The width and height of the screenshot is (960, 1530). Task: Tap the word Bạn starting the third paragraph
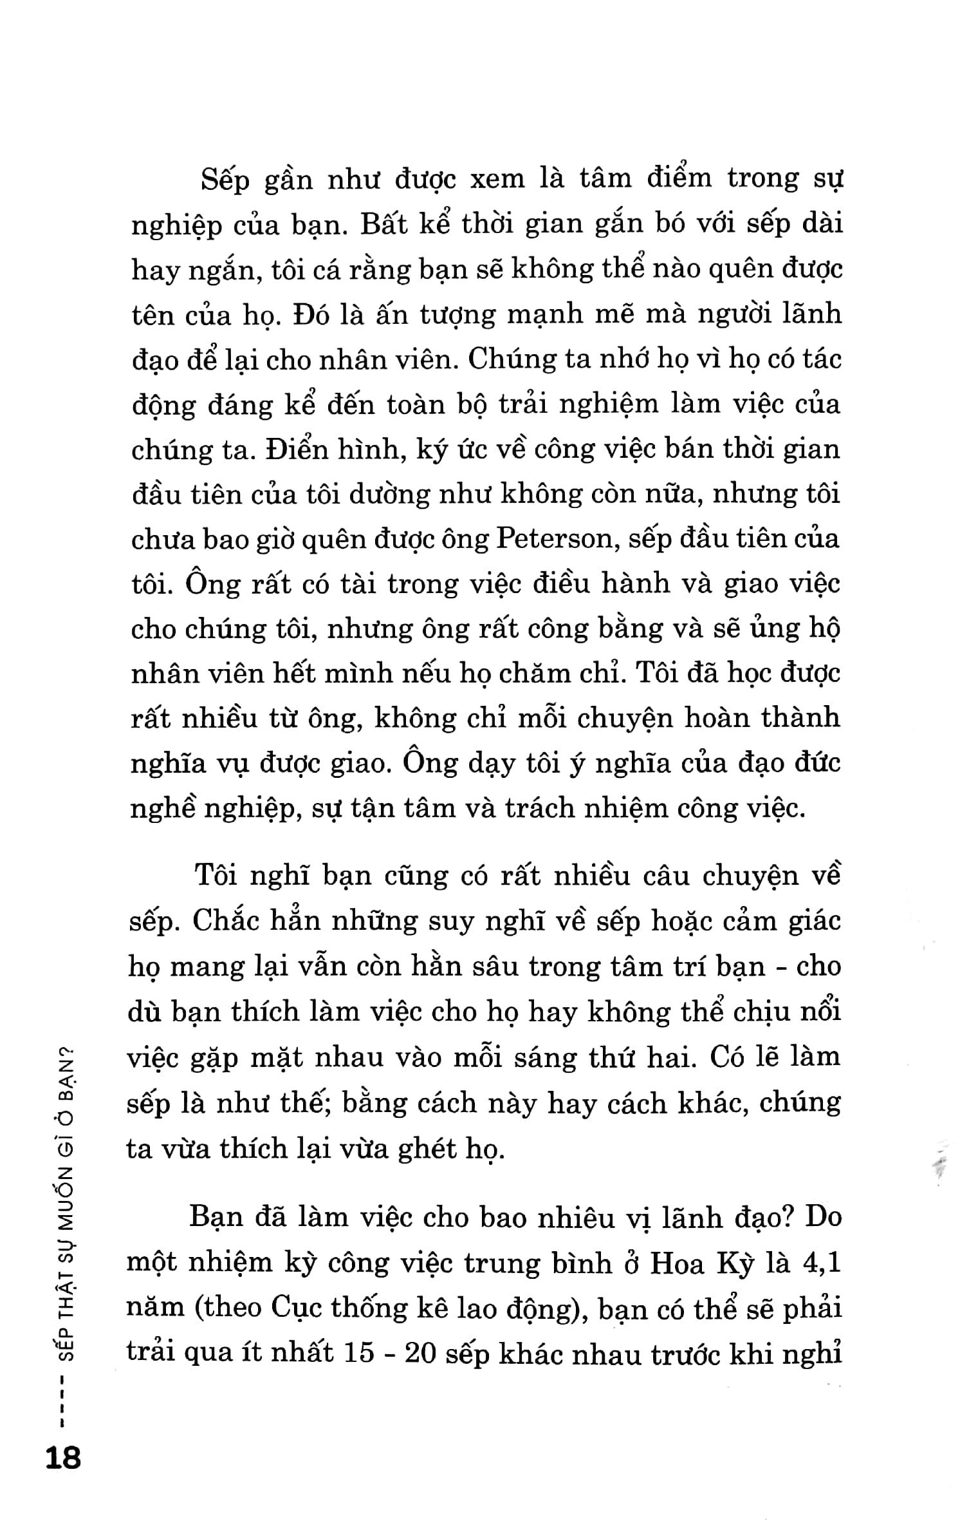216,1218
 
